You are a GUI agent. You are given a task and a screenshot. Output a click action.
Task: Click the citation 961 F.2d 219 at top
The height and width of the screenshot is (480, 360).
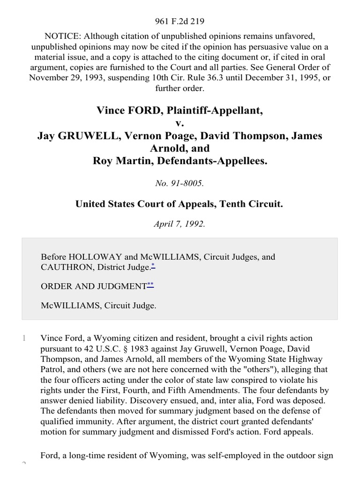tap(180, 21)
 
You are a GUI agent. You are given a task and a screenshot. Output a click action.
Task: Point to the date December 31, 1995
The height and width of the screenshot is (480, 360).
tap(278, 78)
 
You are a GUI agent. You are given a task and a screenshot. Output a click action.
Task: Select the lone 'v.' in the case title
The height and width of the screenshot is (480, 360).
tap(180, 123)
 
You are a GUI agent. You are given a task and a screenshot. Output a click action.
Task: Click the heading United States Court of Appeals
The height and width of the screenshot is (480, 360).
tap(150, 204)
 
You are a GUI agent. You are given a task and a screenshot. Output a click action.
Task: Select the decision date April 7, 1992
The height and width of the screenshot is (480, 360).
tap(180, 224)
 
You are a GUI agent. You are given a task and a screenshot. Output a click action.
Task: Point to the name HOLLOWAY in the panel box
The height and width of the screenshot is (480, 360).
tap(95, 257)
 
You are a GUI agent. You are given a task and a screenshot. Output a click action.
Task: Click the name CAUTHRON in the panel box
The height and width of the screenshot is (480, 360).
tap(66, 267)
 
